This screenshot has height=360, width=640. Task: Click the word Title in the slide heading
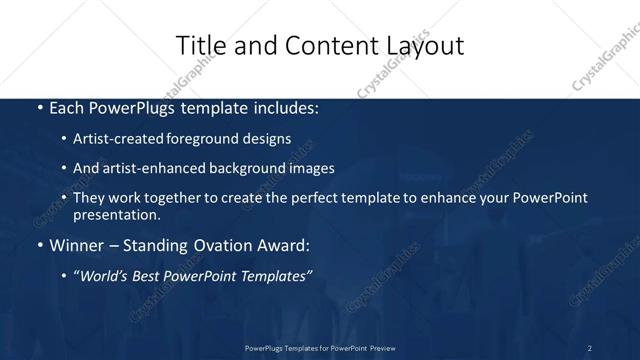pyautogui.click(x=199, y=45)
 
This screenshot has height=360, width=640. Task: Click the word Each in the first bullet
pyautogui.click(x=68, y=108)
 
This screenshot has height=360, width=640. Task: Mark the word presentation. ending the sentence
pyautogui.click(x=116, y=214)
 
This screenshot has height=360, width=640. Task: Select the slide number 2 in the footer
pyautogui.click(x=589, y=347)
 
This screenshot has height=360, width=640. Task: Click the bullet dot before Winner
pyautogui.click(x=39, y=244)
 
